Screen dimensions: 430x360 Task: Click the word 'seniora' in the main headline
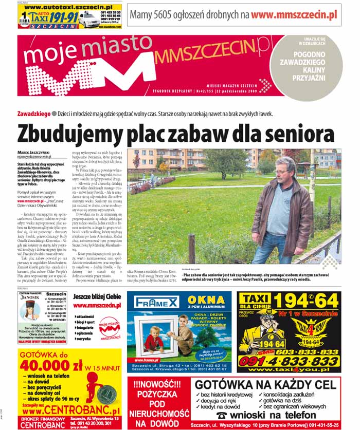click(x=298, y=135)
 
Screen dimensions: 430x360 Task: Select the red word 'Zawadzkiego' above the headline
click(x=33, y=113)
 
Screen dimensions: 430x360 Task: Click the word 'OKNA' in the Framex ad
click(x=206, y=300)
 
